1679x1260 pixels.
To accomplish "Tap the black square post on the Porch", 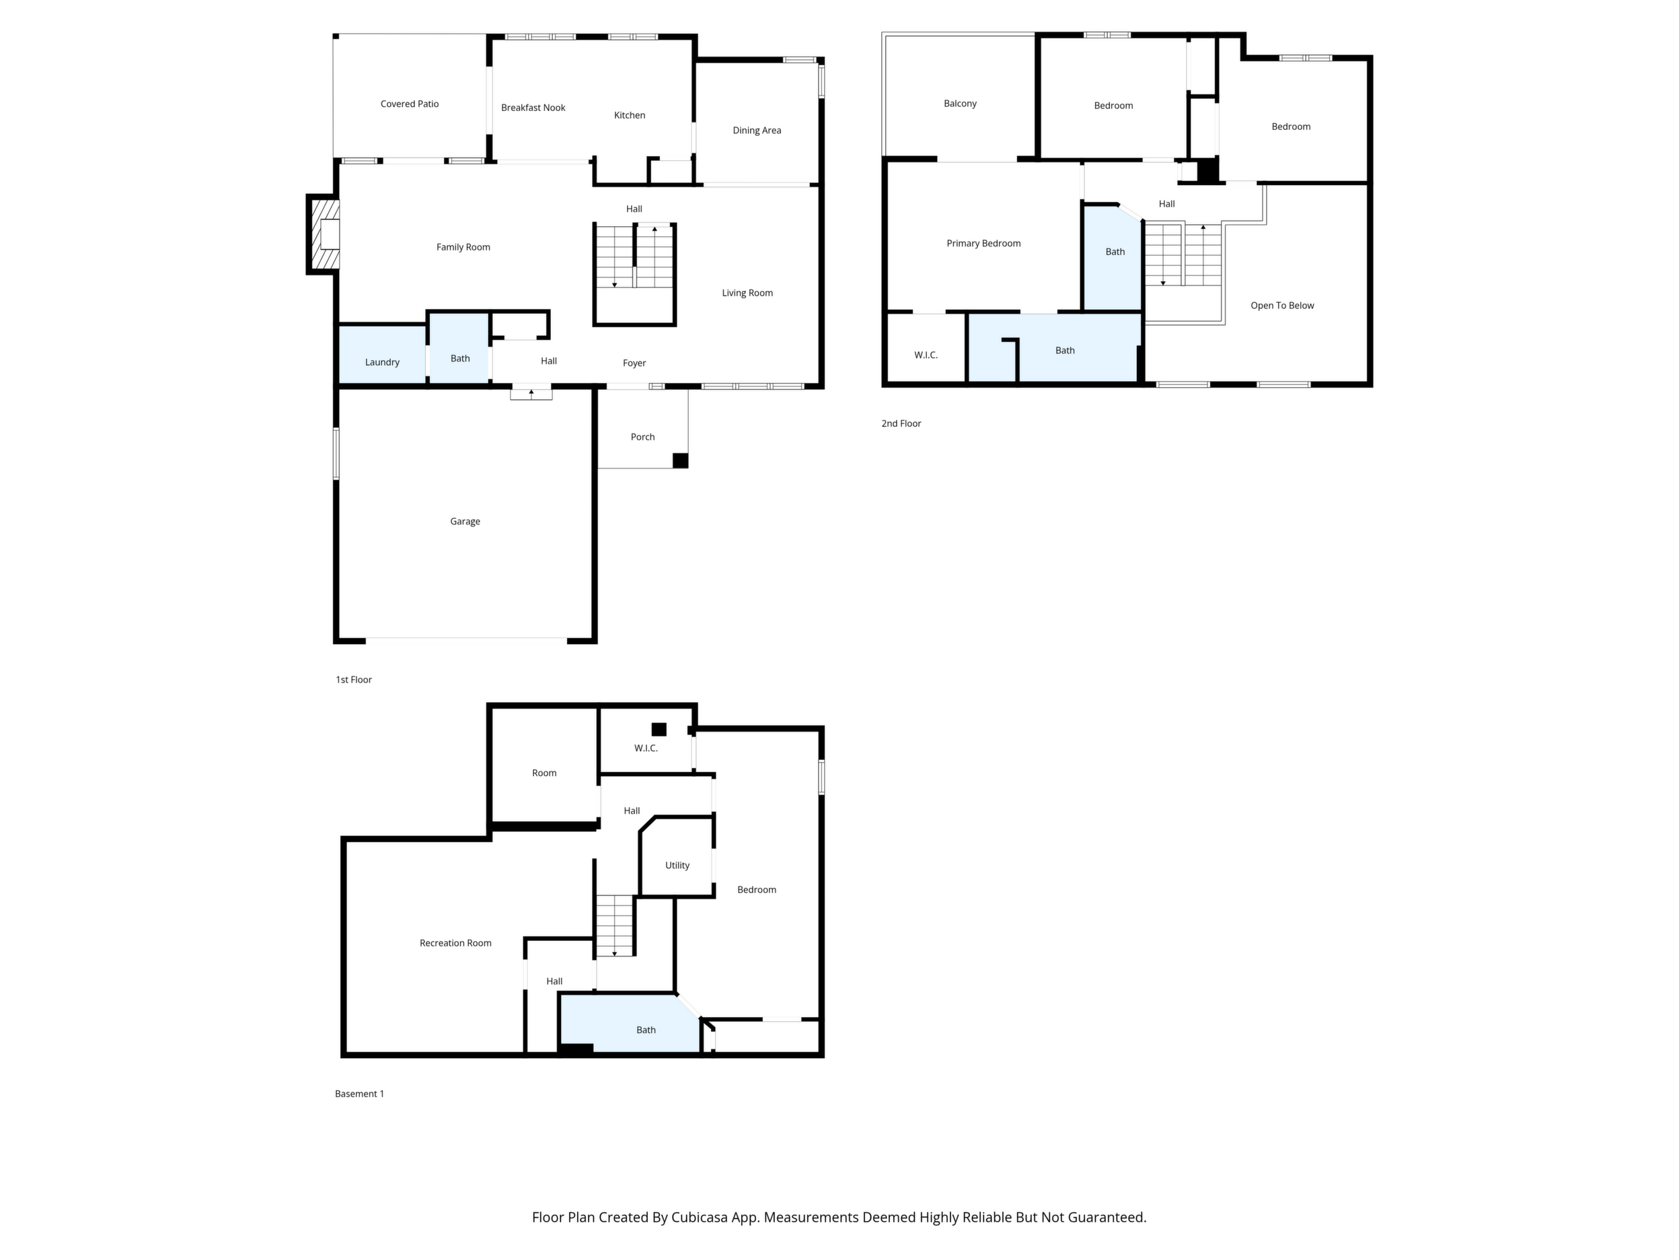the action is click(680, 460).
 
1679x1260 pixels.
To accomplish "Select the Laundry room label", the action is click(382, 362).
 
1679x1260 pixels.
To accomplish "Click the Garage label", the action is click(465, 522).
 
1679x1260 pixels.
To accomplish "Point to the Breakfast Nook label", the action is click(533, 108).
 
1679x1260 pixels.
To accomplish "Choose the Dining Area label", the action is click(757, 131).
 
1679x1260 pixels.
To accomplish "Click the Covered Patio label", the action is click(409, 104).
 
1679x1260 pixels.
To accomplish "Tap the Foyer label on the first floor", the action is click(634, 363).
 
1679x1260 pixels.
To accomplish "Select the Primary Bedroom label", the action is click(983, 244).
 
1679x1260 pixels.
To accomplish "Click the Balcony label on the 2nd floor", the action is click(960, 103).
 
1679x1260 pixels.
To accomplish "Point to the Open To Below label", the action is click(1282, 306).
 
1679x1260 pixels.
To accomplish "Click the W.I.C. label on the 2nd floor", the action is click(926, 355).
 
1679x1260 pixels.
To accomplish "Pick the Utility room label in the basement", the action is click(677, 865).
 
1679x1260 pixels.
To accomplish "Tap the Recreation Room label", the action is click(455, 943).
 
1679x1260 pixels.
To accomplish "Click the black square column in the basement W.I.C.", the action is click(659, 729).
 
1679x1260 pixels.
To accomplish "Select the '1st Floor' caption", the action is click(354, 680).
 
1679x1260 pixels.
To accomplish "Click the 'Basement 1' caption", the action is click(359, 1094).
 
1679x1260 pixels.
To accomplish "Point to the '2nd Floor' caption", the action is click(901, 424).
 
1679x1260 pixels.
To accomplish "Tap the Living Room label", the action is click(747, 293).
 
